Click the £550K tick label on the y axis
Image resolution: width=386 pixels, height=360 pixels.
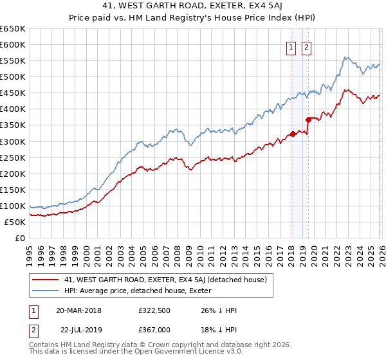13,61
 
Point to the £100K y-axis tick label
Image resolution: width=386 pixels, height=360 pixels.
13,206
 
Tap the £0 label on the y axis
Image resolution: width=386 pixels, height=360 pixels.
19,238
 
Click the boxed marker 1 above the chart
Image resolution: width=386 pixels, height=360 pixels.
291,47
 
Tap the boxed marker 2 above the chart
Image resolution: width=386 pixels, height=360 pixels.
306,47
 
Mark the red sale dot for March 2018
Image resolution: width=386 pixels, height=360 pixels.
293,134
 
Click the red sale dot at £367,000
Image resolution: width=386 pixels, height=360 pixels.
308,119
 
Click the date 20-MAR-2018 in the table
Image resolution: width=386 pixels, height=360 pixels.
78,310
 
